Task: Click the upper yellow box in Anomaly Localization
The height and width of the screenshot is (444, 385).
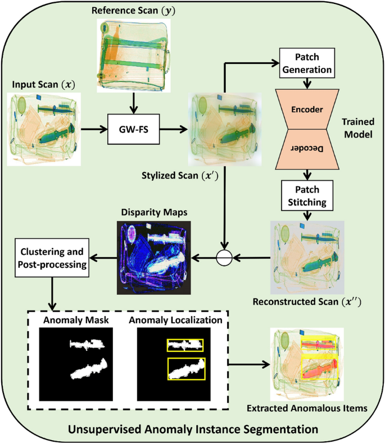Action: point(185,345)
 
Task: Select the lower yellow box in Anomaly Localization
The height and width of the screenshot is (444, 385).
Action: point(186,369)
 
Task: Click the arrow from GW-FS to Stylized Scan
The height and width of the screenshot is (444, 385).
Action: point(174,130)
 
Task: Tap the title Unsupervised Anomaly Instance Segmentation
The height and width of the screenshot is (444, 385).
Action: point(193,429)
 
